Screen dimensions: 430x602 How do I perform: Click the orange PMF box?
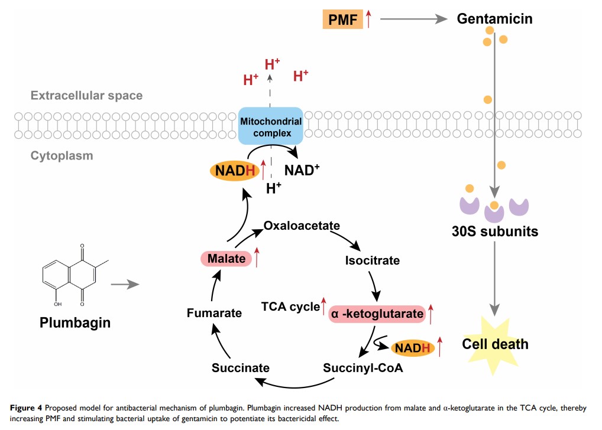click(342, 19)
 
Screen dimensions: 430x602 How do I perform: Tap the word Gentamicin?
click(495, 19)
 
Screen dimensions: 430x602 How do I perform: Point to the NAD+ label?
click(303, 170)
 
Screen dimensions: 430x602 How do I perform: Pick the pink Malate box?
click(225, 258)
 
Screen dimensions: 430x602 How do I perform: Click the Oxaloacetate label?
click(302, 226)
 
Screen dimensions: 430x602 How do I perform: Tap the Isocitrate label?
click(372, 260)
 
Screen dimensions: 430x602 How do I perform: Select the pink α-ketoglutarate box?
click(377, 314)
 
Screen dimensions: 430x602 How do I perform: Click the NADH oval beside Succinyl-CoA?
click(413, 348)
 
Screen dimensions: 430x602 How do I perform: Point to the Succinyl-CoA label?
click(363, 367)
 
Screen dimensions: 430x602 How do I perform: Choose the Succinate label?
click(241, 367)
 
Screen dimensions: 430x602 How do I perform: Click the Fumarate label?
click(214, 312)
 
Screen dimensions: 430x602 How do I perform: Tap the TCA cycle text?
click(290, 307)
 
